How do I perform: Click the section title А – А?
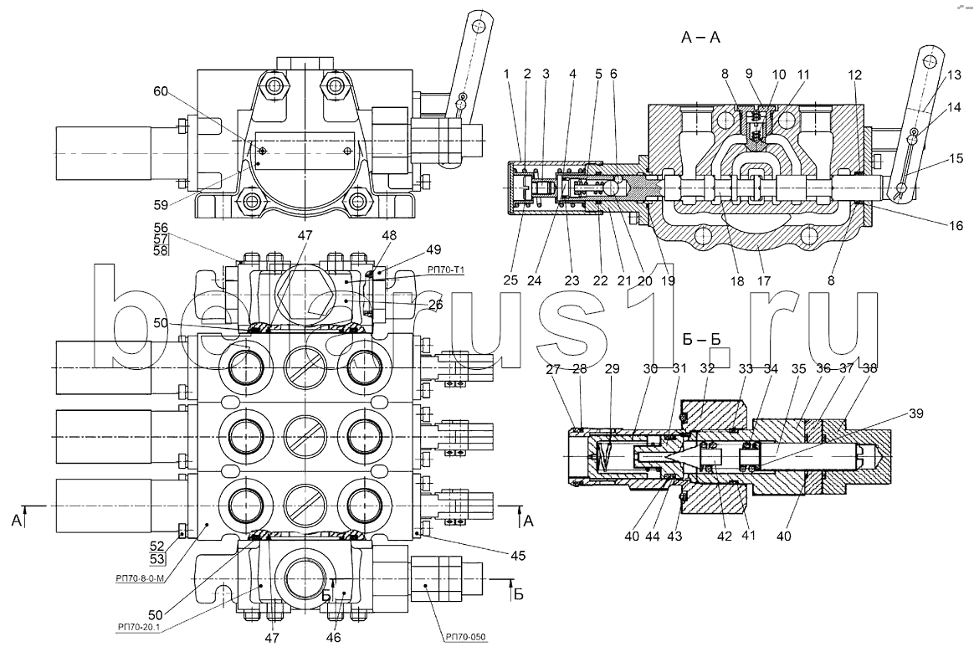[x=702, y=37]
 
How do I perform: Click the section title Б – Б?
[x=702, y=341]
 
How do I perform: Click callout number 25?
[x=512, y=282]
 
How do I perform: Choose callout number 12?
[x=854, y=74]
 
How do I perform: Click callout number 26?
[x=435, y=305]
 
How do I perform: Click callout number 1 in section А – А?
[x=507, y=74]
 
